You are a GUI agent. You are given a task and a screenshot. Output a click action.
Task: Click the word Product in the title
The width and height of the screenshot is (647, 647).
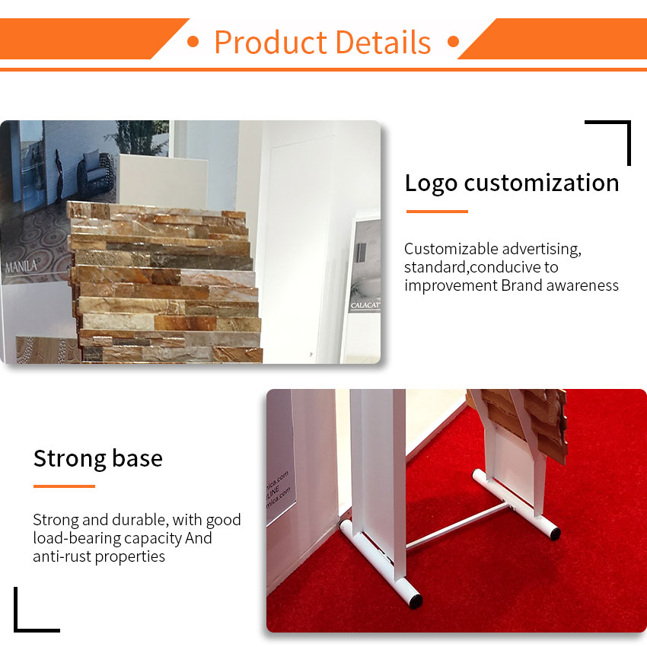point(271,42)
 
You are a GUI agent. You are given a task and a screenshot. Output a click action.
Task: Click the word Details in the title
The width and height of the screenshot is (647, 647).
point(384,42)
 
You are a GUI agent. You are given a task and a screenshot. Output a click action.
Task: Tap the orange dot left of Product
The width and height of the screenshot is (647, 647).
point(193,42)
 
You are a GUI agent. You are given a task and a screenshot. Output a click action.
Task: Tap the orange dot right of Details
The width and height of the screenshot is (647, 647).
point(453,42)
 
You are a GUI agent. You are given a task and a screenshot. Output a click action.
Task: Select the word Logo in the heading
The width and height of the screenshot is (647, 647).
point(431,183)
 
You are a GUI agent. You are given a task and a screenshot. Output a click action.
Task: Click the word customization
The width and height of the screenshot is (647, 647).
point(541,183)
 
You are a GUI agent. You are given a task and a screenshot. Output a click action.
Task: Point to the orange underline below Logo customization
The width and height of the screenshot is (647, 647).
point(437,212)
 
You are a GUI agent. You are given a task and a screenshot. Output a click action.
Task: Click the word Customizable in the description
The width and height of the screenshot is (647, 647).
point(451,249)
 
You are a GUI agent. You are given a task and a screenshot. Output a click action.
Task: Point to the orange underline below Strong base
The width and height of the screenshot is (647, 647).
point(64,486)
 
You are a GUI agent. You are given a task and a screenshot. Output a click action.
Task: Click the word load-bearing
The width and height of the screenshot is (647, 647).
point(76,538)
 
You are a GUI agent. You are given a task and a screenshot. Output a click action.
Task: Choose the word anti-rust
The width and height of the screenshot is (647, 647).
point(62,556)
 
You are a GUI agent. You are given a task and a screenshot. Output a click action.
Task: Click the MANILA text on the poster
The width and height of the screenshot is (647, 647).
point(21,266)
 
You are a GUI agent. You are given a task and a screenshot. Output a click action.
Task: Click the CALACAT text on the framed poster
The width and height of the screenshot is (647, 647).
point(365,305)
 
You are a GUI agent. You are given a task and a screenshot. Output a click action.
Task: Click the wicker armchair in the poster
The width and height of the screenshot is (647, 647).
point(96,171)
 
